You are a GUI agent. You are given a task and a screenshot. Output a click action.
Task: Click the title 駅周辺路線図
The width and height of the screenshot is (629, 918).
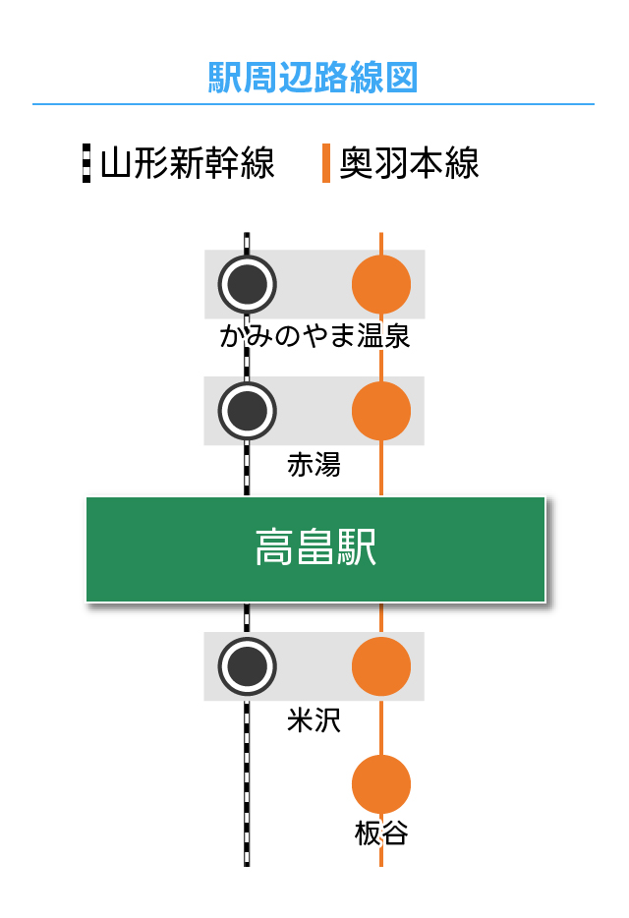coord(314,77)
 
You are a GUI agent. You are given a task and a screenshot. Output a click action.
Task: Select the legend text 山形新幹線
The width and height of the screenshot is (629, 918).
coord(187,163)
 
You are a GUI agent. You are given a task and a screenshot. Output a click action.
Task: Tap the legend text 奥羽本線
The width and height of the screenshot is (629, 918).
coord(409,163)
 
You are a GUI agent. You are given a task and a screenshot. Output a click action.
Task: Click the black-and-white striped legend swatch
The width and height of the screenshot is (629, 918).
coord(86,163)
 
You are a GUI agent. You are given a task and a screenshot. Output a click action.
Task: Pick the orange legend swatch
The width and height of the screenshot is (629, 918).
coord(326,163)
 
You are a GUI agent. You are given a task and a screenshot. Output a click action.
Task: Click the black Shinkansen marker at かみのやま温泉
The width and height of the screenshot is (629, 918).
coord(247,284)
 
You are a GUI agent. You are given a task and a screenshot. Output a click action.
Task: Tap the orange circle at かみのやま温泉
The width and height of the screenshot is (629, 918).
coord(381,284)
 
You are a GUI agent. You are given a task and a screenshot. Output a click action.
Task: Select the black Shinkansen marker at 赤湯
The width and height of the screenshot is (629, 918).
coord(247,411)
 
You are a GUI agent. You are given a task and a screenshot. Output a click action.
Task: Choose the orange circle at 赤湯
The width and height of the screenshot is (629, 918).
coord(381,411)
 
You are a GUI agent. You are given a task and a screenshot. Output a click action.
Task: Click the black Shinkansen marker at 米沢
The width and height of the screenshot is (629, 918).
coord(247,666)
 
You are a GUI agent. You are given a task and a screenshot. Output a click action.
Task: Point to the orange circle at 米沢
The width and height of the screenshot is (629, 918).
coord(381,666)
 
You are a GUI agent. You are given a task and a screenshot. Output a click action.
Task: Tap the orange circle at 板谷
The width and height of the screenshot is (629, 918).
coord(381,784)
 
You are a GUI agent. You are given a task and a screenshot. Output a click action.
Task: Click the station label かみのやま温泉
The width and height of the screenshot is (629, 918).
coord(314,337)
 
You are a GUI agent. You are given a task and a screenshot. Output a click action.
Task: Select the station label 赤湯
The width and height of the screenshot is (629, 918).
coord(314,465)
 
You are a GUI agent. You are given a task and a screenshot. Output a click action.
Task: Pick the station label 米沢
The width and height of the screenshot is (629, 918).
coord(314,720)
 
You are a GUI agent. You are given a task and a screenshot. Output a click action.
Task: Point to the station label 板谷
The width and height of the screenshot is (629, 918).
coord(381,834)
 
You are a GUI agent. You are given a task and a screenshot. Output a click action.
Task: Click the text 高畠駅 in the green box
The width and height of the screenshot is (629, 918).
coord(315,548)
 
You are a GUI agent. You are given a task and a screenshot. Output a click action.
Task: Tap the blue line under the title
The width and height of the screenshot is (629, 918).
coord(314,103)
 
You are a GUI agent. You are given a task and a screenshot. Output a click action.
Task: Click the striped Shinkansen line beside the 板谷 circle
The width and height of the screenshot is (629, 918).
coord(247,784)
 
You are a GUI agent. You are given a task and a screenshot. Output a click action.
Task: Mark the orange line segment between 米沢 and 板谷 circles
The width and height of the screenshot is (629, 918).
coord(381,727)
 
